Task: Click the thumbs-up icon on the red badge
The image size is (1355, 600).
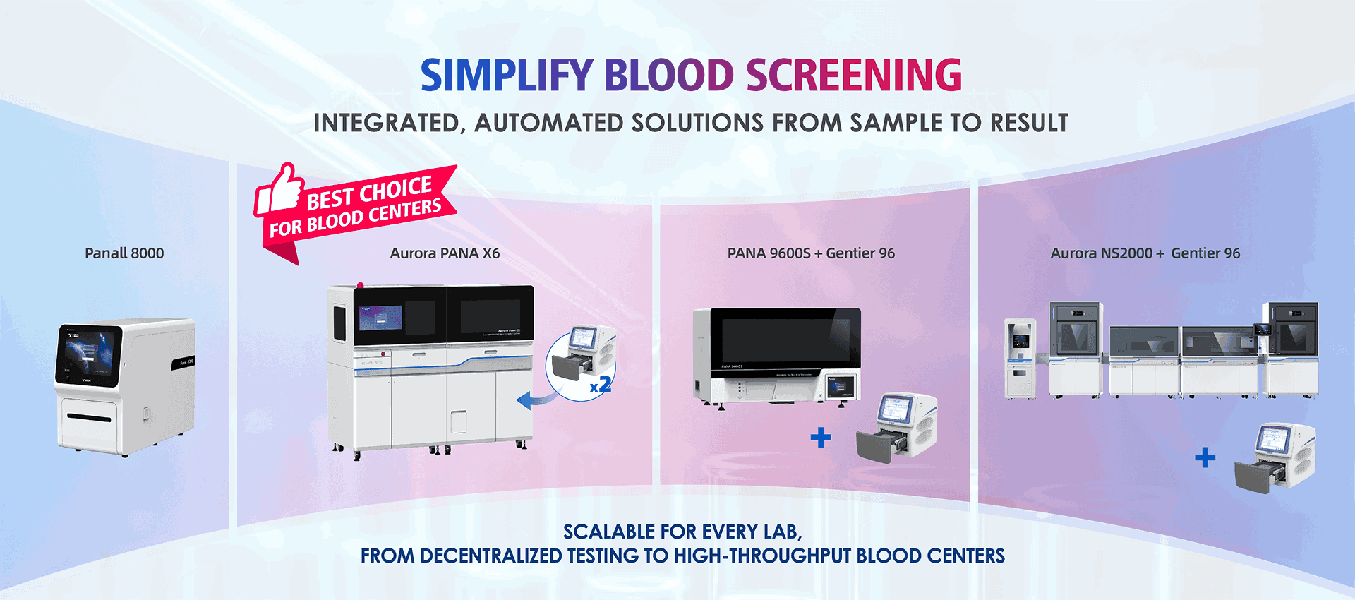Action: point(279,189)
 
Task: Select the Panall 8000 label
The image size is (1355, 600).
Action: point(124,253)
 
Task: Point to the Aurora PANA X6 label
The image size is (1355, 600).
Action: point(445,253)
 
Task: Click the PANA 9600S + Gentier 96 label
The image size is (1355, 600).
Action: point(811,253)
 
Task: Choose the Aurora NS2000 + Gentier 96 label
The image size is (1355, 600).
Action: point(1145,253)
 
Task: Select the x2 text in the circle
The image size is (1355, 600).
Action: point(601,385)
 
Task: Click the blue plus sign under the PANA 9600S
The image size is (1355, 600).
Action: point(821,438)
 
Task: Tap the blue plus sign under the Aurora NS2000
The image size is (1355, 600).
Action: point(1205,457)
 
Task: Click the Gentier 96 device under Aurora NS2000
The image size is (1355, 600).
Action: point(1276,457)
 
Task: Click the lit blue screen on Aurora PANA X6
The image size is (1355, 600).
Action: point(380,318)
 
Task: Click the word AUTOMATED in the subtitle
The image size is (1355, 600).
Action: point(548,124)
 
